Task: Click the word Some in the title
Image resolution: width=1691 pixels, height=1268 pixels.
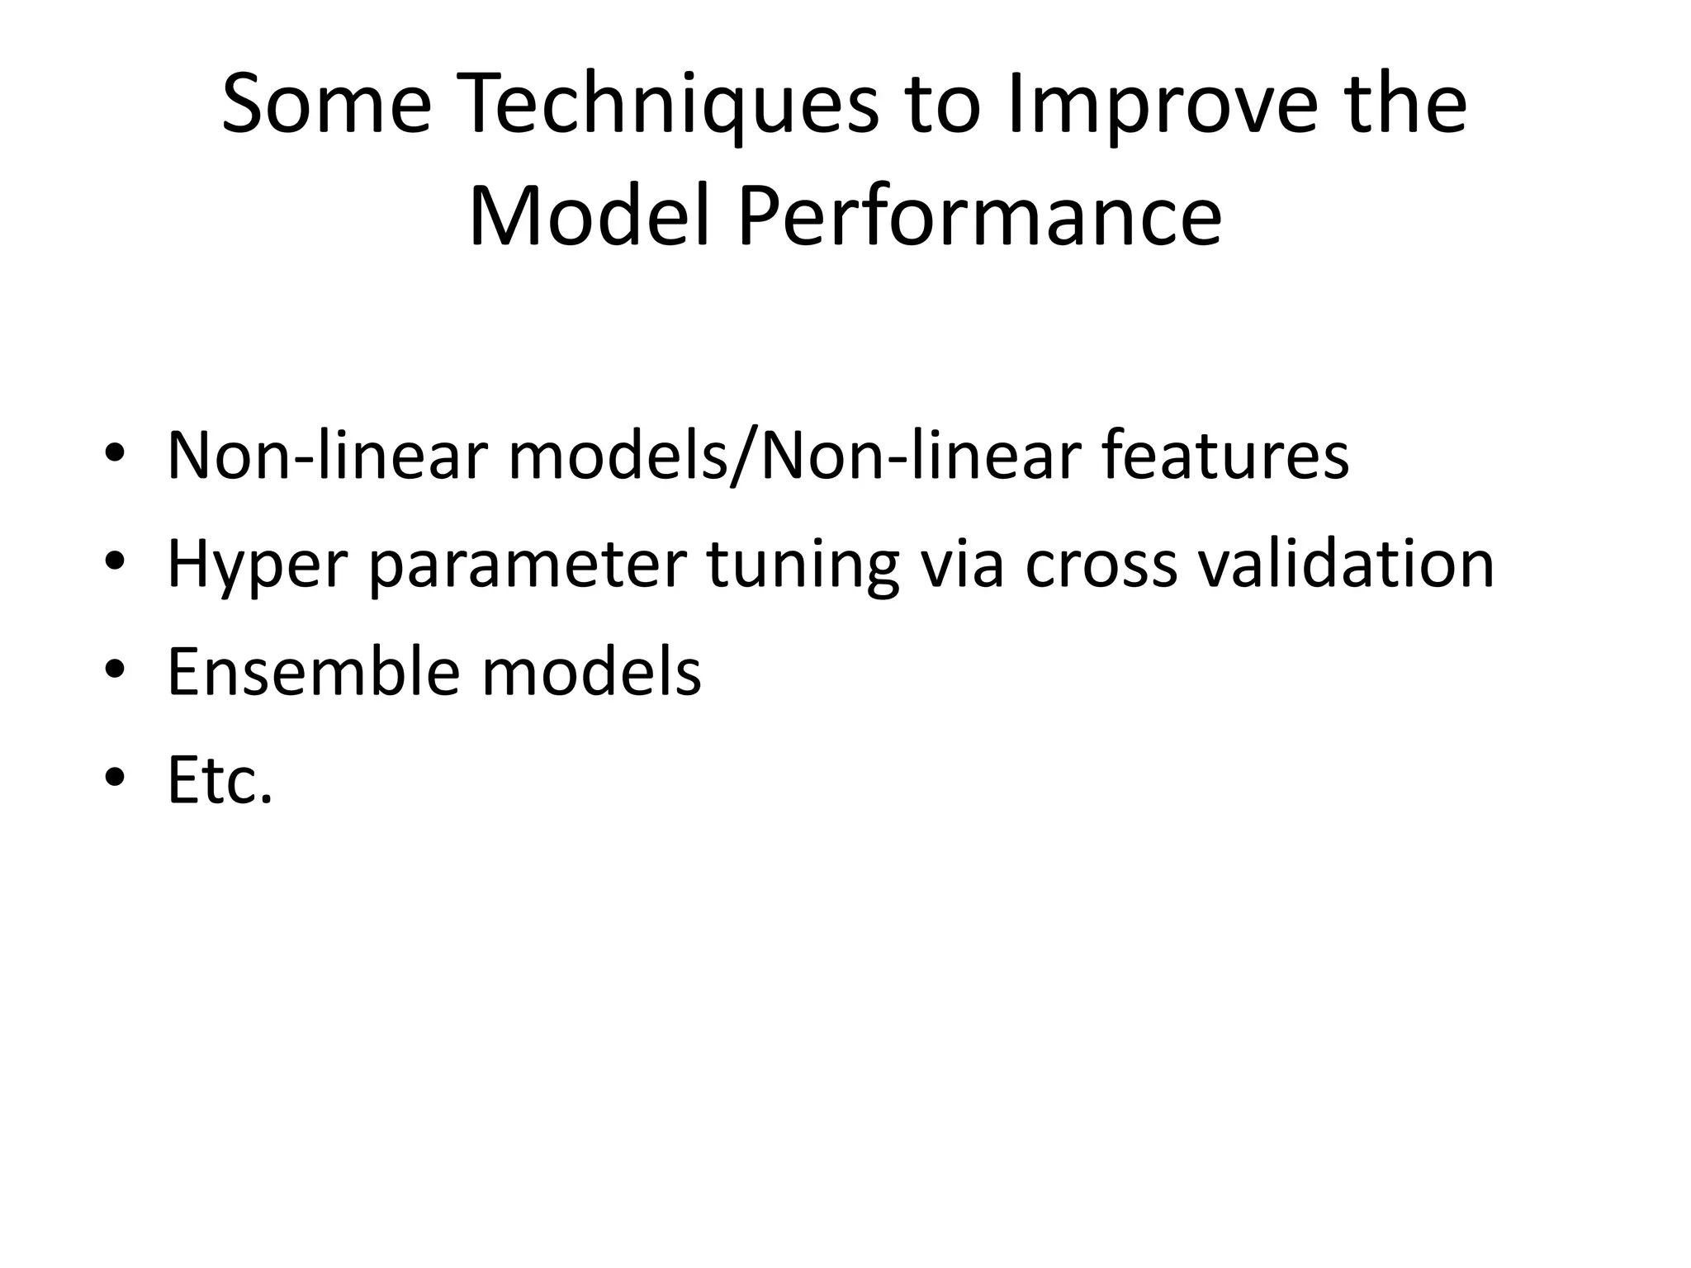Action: point(327,105)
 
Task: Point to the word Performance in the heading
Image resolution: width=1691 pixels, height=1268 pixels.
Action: point(979,217)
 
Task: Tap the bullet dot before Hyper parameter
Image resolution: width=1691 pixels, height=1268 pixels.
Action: point(115,563)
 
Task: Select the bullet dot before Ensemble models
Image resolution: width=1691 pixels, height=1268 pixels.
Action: point(115,670)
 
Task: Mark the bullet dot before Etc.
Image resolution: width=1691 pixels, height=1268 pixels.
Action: point(115,778)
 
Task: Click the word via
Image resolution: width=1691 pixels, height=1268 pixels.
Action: point(962,563)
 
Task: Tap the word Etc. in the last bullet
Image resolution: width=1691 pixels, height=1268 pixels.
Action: point(220,779)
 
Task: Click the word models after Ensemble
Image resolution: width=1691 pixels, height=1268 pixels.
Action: point(591,671)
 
